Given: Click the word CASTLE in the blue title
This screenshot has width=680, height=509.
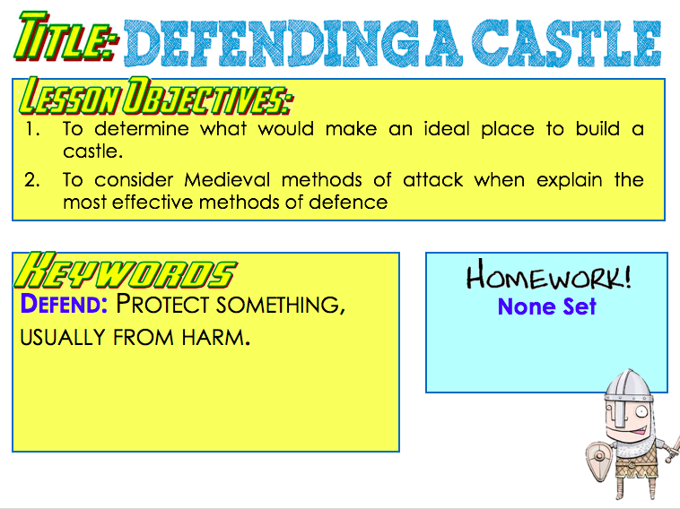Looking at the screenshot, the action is click(566, 43).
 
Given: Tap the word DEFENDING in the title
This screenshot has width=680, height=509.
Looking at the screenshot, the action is click(272, 43).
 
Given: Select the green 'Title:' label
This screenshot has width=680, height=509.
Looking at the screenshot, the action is click(66, 37).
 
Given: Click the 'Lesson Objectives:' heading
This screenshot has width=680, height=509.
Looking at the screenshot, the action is click(156, 96).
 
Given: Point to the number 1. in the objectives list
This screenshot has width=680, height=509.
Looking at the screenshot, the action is click(32, 129).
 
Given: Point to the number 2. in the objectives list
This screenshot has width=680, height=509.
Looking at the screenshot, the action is click(32, 180).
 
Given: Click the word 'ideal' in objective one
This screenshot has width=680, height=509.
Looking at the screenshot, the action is click(447, 129).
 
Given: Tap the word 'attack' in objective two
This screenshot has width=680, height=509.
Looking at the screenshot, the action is click(432, 179).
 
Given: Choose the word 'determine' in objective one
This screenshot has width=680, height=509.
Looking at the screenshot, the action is click(142, 129).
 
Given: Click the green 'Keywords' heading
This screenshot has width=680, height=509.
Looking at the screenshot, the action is click(126, 271).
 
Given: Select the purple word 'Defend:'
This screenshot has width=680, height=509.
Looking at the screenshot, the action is click(64, 303).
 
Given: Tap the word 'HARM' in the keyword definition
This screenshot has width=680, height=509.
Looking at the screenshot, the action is click(216, 337).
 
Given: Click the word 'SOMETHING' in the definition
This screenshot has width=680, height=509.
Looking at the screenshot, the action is click(281, 305).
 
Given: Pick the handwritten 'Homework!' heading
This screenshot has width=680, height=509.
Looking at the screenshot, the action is click(549, 274).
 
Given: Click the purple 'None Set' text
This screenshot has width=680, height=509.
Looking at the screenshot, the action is click(547, 306).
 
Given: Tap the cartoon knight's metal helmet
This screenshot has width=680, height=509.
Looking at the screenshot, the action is click(628, 392).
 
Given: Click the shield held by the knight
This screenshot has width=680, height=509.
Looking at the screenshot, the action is click(599, 461).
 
